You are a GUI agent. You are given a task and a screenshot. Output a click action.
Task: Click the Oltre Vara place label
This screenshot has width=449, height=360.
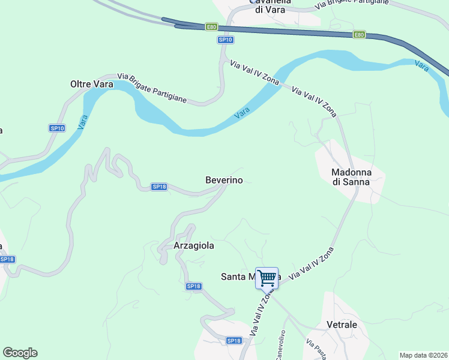click(92, 85)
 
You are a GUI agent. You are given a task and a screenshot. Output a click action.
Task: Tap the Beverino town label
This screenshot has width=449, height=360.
click(224, 180)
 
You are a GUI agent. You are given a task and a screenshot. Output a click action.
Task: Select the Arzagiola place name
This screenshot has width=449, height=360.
click(193, 245)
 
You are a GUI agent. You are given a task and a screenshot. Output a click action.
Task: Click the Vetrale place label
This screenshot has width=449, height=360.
click(342, 325)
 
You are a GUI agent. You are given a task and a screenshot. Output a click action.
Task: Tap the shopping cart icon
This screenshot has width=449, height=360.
click(267, 278)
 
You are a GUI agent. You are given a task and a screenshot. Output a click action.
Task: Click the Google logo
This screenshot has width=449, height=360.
click(20, 353)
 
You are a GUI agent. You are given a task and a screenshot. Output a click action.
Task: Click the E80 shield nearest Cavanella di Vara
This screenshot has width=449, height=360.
click(211, 27)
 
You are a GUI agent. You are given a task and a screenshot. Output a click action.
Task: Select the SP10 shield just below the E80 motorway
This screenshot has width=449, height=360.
click(225, 40)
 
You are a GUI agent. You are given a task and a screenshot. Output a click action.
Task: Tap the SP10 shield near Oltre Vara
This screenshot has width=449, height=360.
click(56, 128)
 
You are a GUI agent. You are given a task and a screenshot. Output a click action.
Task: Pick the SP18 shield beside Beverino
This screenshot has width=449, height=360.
click(159, 187)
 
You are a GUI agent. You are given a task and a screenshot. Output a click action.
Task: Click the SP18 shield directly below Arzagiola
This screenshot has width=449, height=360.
click(193, 287)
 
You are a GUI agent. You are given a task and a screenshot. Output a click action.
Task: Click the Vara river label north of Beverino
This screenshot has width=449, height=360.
click(242, 112)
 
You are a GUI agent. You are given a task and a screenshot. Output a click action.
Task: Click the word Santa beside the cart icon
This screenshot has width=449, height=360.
click(235, 277)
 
